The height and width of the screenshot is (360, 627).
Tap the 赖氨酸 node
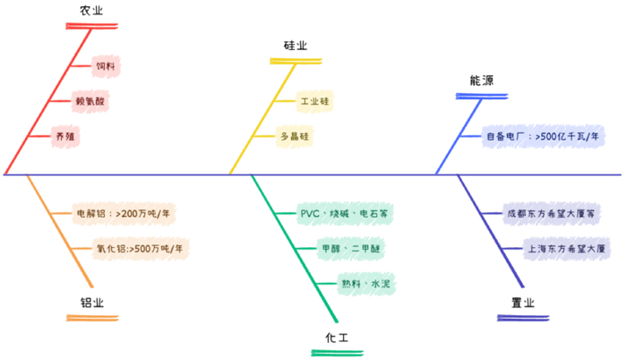90,101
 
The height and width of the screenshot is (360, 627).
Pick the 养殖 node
65,136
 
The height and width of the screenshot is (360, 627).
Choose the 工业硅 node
315,101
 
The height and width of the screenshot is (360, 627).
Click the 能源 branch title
482,81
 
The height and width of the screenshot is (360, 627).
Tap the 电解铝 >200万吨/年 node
125,214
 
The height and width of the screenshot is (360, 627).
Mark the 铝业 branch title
92,303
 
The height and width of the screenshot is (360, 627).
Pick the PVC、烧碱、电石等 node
344,214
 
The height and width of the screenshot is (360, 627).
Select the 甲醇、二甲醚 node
352,248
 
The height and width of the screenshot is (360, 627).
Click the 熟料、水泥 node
365,284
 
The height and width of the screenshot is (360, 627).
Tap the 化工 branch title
337,338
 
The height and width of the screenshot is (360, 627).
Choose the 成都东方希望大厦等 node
552,214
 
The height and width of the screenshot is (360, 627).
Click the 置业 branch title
522,303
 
